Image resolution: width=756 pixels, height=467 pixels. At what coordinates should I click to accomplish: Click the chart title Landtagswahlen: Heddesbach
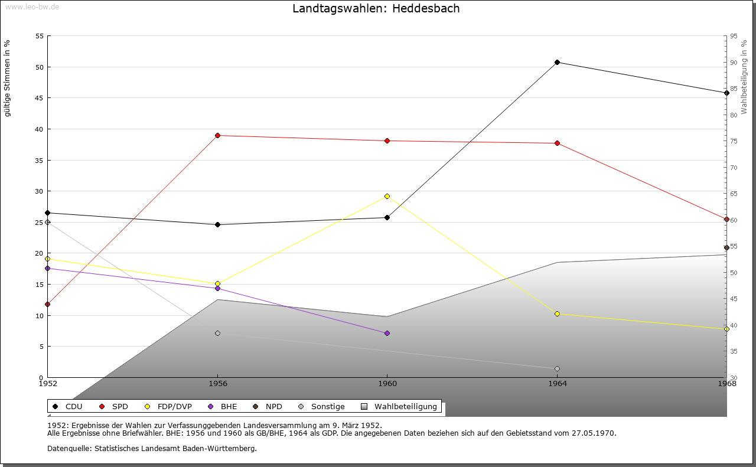point(376,8)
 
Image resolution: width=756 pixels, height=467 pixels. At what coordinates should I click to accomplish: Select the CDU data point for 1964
point(557,63)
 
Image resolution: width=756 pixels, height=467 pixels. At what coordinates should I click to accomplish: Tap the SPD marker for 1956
point(218,136)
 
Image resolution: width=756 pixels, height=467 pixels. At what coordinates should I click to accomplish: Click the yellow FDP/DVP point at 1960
point(387,197)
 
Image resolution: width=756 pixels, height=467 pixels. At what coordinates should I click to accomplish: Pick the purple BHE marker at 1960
point(387,334)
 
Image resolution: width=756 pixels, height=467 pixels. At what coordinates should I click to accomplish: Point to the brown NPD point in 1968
point(726,248)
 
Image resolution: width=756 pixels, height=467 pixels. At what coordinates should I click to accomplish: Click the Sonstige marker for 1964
point(557,369)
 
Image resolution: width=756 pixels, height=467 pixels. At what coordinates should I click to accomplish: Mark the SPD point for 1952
point(48,305)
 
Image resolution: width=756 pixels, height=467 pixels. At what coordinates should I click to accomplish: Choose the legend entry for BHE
point(223,407)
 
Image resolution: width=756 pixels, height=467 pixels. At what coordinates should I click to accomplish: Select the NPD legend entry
point(268,407)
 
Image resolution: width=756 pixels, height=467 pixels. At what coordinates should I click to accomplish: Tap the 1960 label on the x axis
point(387,384)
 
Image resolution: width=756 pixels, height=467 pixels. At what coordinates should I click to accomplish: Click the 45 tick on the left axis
point(40,98)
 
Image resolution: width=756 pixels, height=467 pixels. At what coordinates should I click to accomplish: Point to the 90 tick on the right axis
point(734,63)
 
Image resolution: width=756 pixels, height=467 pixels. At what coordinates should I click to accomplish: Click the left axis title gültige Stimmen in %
point(7,79)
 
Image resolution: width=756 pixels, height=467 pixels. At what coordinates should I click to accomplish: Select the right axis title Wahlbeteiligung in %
point(744,77)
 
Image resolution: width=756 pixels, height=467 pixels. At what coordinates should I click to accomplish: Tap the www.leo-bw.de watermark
point(32,6)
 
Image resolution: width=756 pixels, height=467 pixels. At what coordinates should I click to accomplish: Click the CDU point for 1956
point(218,225)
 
